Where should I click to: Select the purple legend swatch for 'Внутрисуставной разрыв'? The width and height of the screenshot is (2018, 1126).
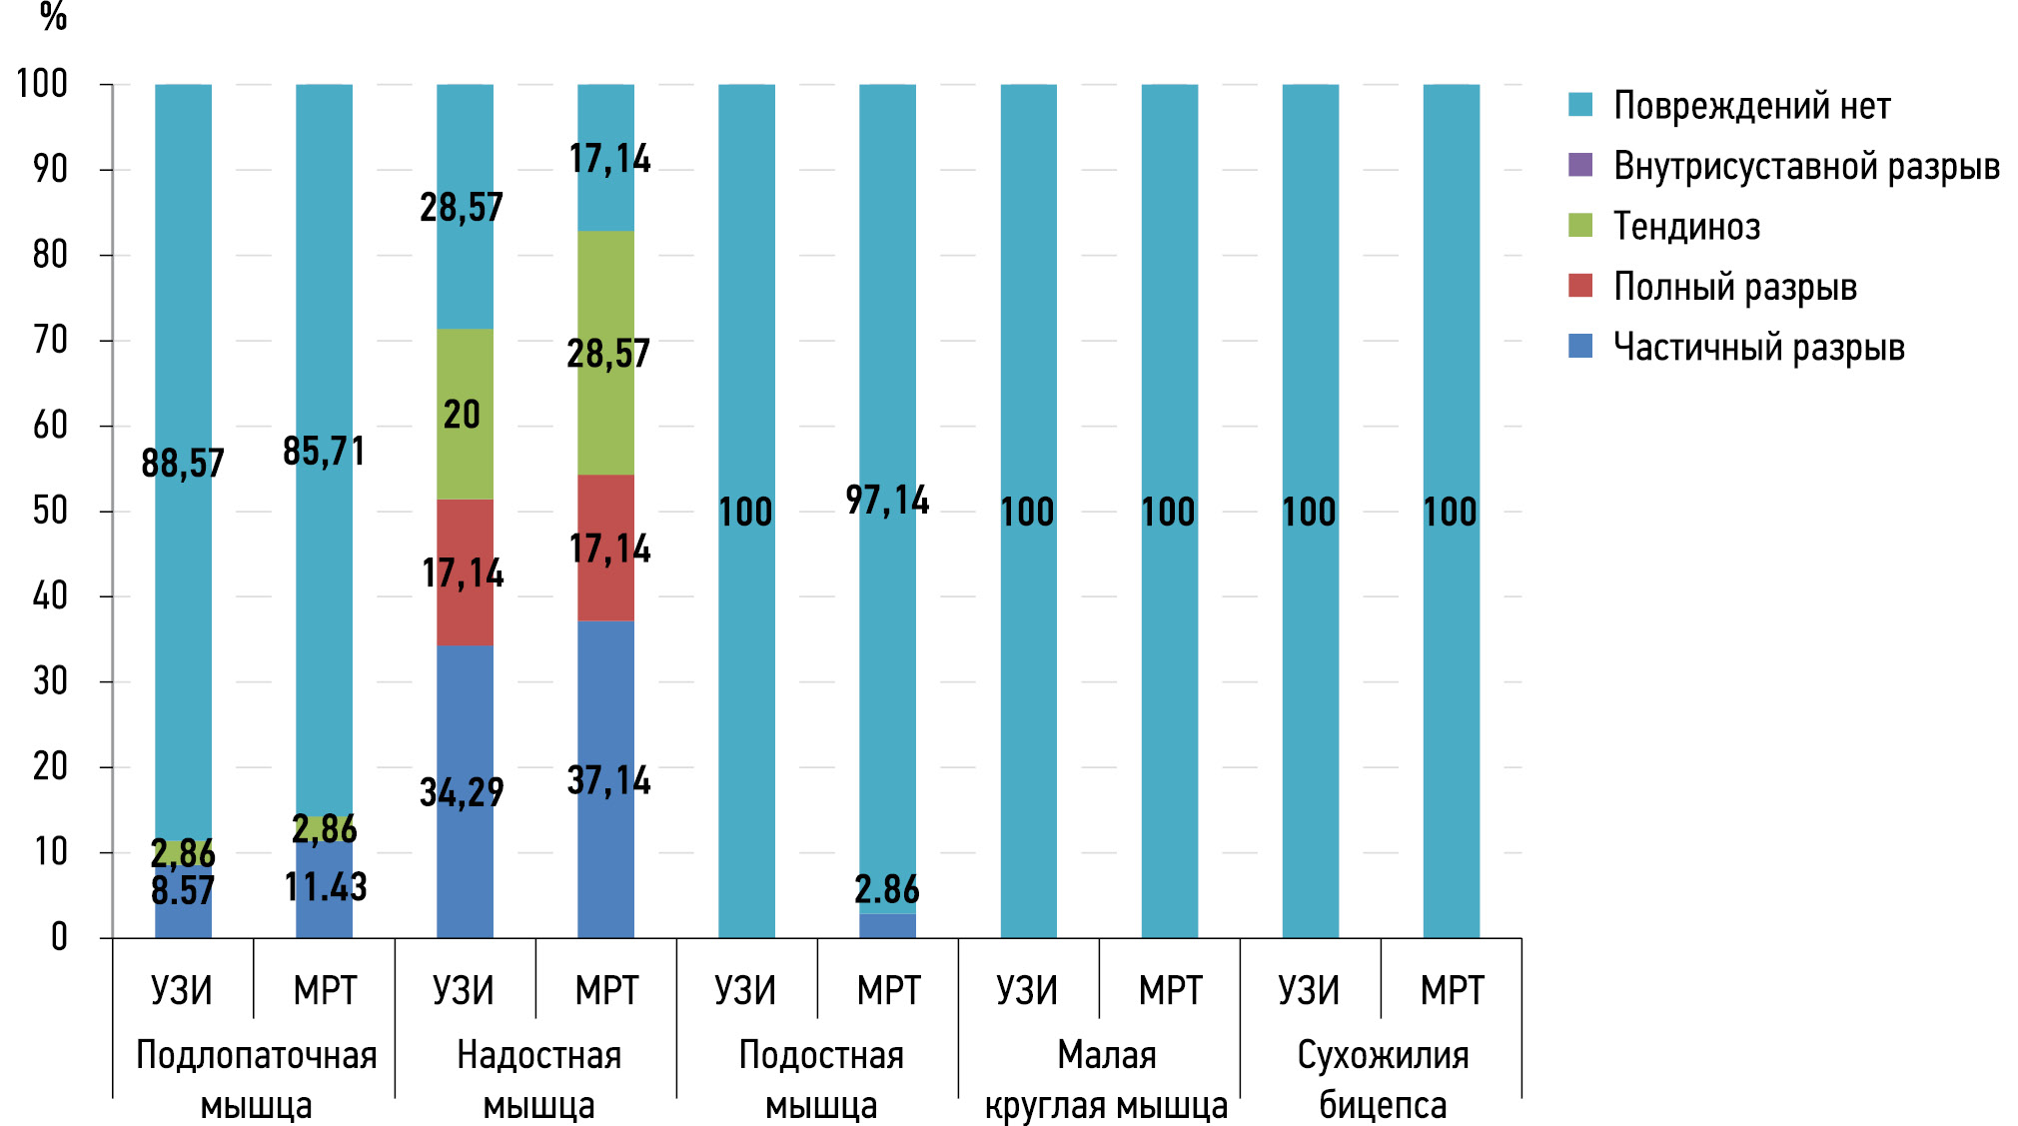point(1579,165)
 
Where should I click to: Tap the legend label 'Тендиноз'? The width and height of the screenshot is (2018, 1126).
point(1686,227)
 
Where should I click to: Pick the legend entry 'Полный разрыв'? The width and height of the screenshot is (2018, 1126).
point(1734,287)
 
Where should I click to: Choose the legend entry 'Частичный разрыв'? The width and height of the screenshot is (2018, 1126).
point(1758,348)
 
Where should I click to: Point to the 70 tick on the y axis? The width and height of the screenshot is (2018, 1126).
point(50,341)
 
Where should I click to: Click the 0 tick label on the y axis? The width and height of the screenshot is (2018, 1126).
point(59,937)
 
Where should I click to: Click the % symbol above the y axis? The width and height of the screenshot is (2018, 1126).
point(53,17)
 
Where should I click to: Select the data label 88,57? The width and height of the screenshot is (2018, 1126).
point(183,464)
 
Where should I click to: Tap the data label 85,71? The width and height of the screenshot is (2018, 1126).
point(324,452)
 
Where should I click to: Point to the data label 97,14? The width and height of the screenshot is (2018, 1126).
point(887,500)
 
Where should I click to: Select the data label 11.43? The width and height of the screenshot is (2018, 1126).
point(326,887)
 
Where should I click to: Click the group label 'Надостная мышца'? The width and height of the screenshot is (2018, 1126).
point(538,1080)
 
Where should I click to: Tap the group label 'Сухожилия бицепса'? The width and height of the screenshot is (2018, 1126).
point(1383,1080)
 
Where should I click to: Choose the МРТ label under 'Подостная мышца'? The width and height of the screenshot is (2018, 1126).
point(888,991)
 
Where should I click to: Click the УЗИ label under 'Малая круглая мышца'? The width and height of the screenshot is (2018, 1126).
point(1027,991)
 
